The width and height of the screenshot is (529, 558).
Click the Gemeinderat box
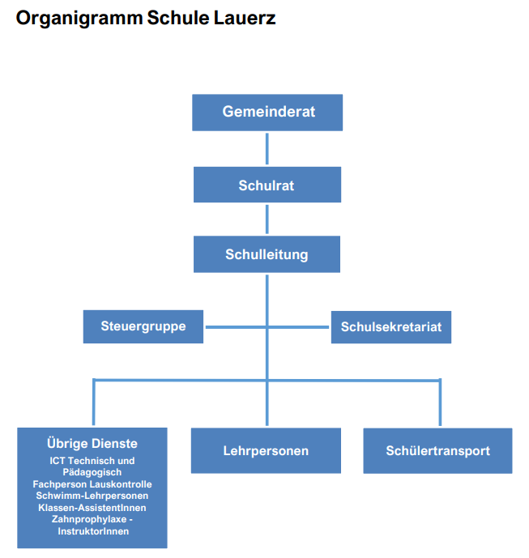click(267, 113)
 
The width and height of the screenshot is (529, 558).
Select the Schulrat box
click(267, 185)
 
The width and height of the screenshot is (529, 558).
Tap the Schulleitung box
click(267, 254)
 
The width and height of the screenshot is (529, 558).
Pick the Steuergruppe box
click(143, 326)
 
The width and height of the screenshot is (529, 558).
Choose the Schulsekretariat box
click(391, 327)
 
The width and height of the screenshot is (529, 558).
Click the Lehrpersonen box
click(266, 450)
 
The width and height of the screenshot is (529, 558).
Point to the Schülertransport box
click(438, 450)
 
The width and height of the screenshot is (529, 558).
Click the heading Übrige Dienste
click(92, 444)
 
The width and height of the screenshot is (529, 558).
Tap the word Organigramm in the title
click(79, 18)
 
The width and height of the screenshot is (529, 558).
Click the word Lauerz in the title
click(245, 18)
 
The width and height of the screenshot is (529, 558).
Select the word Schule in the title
click(178, 18)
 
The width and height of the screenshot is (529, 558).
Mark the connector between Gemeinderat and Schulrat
click(267, 149)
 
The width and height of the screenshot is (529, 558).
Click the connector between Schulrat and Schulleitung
click(267, 219)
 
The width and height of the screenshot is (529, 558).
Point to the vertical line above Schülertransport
click(441, 403)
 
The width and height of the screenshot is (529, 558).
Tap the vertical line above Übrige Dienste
click(94, 403)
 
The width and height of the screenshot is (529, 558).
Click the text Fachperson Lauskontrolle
click(92, 484)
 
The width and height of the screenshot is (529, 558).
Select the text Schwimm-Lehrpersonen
click(92, 496)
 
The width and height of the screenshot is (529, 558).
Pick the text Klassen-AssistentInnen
click(92, 508)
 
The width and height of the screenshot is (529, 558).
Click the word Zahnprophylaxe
click(89, 520)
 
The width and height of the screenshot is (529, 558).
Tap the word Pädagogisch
click(92, 473)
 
